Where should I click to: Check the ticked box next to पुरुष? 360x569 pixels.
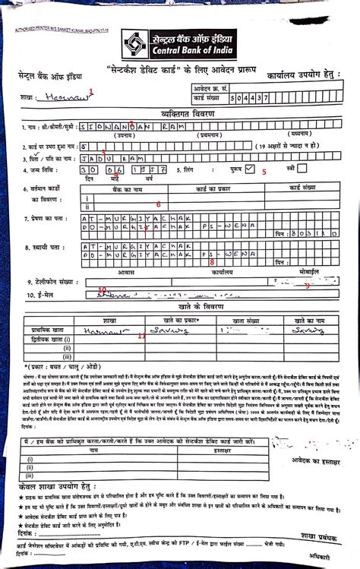(250, 170)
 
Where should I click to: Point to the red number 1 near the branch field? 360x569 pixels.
(92, 91)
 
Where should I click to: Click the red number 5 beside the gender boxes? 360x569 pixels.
(264, 172)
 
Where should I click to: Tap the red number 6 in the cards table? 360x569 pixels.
(157, 204)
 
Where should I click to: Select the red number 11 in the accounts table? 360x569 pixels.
(141, 335)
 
